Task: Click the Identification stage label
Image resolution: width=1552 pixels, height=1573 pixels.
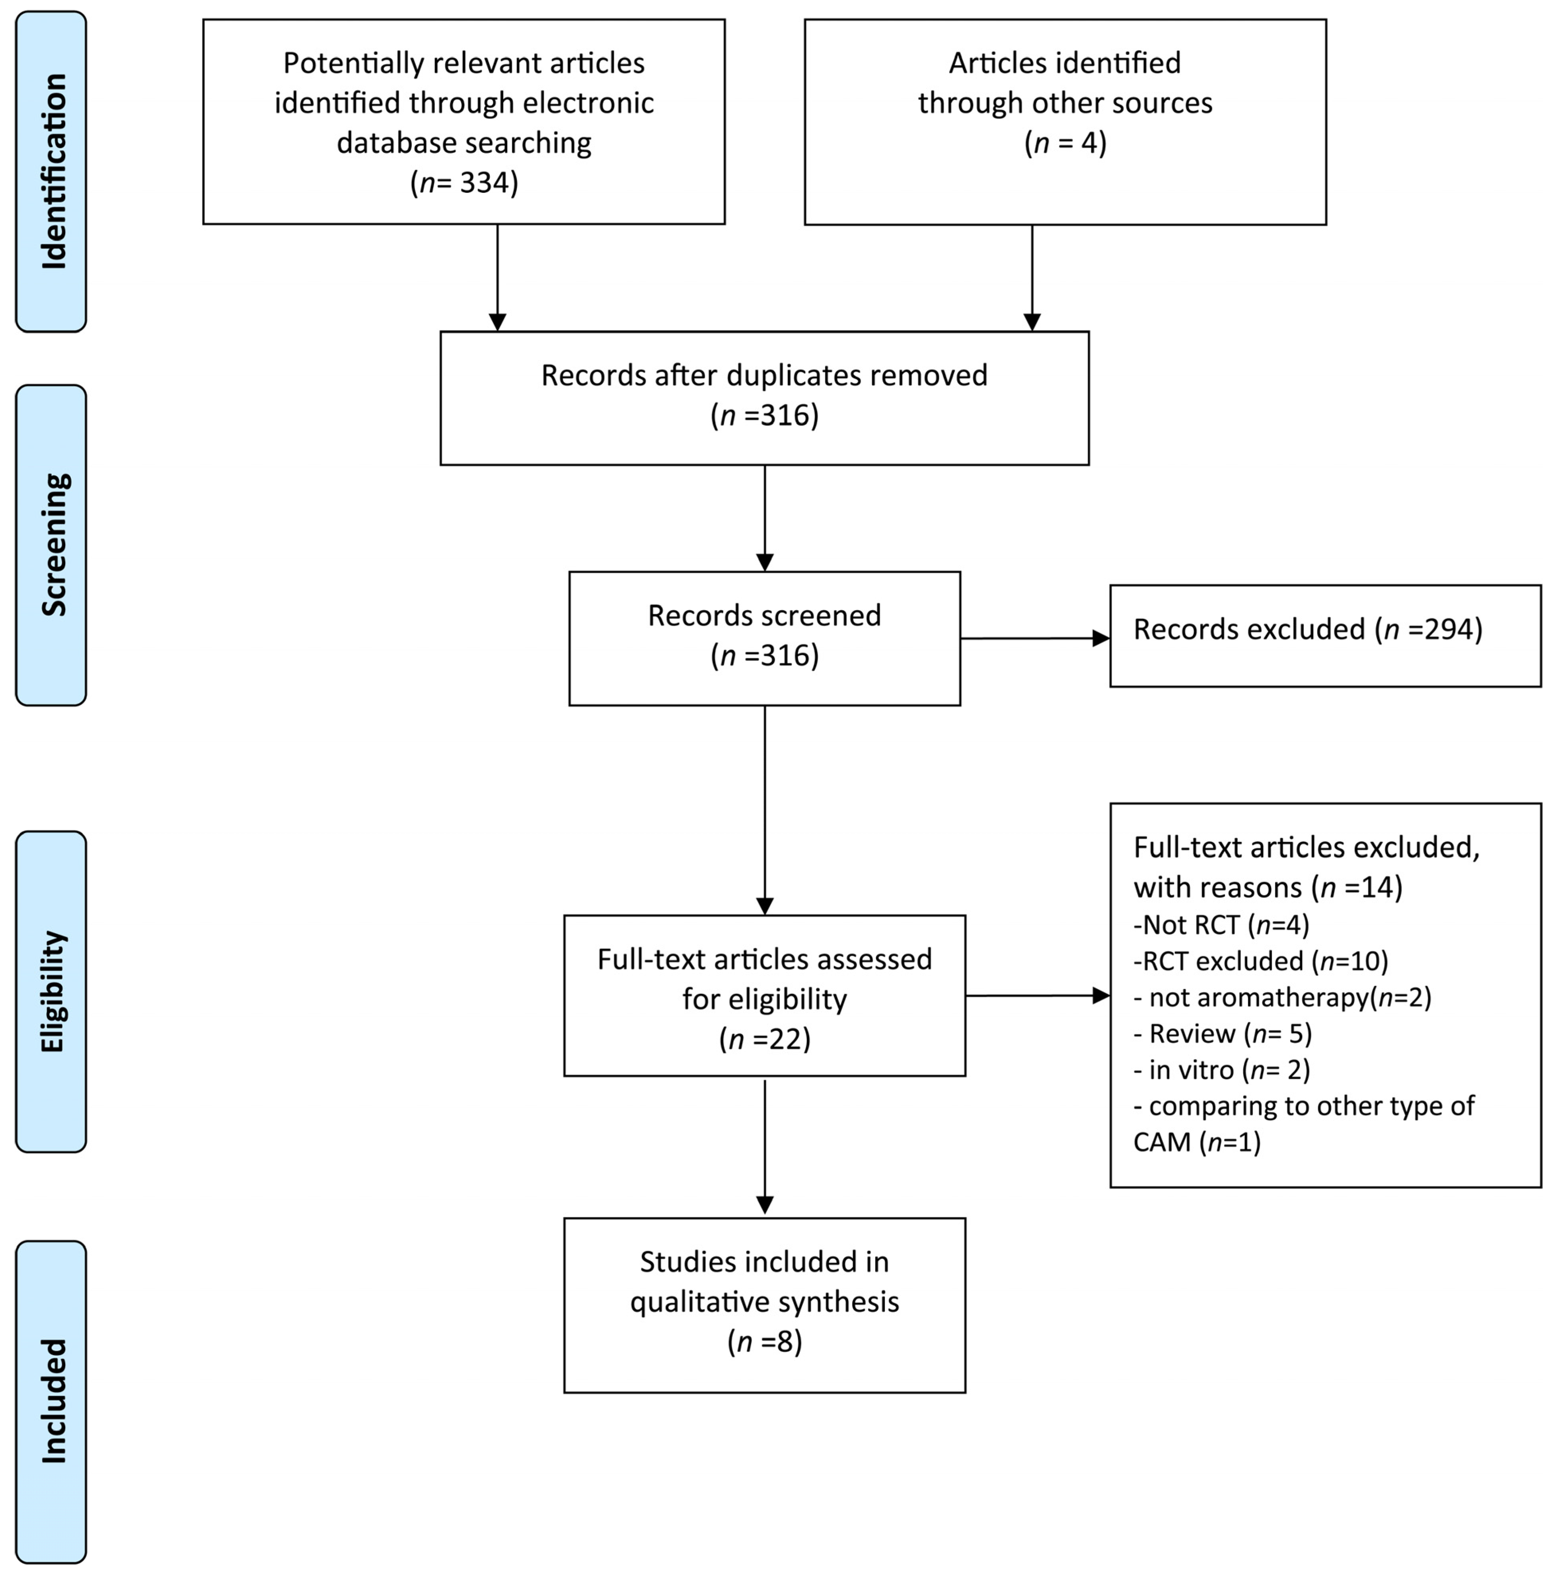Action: (x=54, y=171)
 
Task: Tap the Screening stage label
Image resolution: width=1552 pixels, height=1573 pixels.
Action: (x=54, y=545)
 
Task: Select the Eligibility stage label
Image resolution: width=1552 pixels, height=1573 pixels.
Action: (x=54, y=992)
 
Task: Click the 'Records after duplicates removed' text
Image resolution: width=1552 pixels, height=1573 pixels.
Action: (x=764, y=375)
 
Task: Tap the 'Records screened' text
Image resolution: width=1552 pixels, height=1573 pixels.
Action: (x=764, y=616)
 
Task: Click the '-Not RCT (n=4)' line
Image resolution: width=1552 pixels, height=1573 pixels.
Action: (x=1221, y=925)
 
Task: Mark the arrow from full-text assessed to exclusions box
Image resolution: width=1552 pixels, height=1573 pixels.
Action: (x=1037, y=995)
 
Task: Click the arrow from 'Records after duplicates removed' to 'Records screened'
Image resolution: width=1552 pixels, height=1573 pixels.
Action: (x=765, y=518)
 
